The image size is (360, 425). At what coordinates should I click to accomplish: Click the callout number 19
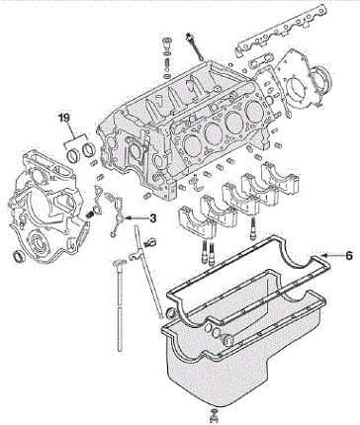(x=65, y=118)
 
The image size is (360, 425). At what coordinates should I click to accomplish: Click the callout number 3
(x=152, y=217)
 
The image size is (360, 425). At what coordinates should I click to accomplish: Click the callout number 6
(x=349, y=255)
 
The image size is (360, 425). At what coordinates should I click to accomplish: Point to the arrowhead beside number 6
(x=324, y=255)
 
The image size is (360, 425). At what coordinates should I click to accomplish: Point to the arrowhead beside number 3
(x=129, y=217)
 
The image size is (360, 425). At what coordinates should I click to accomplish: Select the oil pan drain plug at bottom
(x=214, y=416)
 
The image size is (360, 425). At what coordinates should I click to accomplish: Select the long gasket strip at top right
(x=279, y=32)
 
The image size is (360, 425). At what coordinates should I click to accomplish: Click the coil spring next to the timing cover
(x=89, y=214)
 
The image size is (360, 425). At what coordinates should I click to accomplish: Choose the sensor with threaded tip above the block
(x=195, y=46)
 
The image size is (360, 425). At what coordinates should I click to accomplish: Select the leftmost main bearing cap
(x=197, y=221)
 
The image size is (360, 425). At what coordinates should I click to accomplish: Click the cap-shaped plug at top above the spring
(x=167, y=43)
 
